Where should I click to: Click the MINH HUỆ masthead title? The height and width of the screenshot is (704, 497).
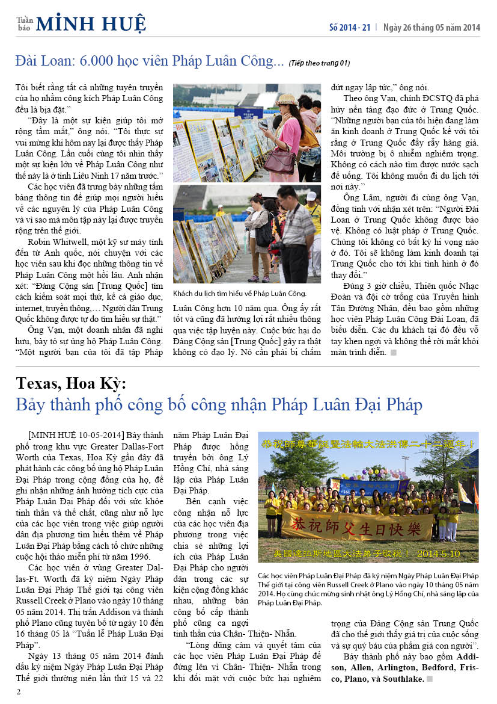point(91,24)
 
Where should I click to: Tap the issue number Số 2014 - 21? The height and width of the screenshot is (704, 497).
point(349,27)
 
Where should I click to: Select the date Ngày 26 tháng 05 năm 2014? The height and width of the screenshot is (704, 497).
point(432,27)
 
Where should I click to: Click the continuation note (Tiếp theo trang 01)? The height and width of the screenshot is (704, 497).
point(319,63)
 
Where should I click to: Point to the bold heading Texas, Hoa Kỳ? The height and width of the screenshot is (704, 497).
point(72,383)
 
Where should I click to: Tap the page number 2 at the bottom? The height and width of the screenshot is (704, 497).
point(19,691)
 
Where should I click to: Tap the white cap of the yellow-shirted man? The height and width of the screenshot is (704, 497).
point(311,196)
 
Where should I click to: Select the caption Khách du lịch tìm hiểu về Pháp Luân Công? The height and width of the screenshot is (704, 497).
point(239,293)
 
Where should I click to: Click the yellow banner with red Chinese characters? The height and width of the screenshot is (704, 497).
point(358,524)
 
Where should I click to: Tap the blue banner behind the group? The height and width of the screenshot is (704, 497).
point(370,486)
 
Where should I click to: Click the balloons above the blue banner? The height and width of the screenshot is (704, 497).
point(367,470)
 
